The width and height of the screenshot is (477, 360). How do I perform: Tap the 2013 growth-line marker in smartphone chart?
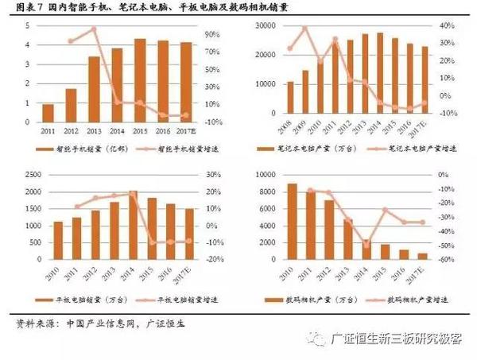(x=94, y=29)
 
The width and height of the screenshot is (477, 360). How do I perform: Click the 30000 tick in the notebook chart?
(x=262, y=26)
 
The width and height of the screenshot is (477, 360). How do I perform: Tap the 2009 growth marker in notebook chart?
(x=304, y=29)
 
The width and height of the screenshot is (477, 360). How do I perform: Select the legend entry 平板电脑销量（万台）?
(x=73, y=299)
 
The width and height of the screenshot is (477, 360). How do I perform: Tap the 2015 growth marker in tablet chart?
(x=151, y=242)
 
